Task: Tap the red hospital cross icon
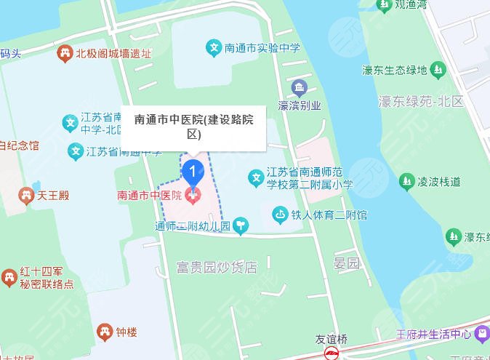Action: click(193, 195)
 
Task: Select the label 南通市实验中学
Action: click(262, 49)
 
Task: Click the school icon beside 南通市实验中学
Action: click(214, 48)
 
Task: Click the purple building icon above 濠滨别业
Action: click(299, 89)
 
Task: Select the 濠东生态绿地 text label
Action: click(394, 70)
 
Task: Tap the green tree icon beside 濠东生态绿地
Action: click(438, 70)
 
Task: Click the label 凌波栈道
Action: click(439, 182)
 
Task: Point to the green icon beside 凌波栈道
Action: click(406, 182)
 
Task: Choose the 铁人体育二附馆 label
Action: click(329, 215)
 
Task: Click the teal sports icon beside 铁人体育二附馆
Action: click(280, 215)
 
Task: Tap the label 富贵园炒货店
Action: click(217, 267)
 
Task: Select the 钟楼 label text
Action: click(127, 332)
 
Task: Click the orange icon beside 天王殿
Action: click(26, 195)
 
